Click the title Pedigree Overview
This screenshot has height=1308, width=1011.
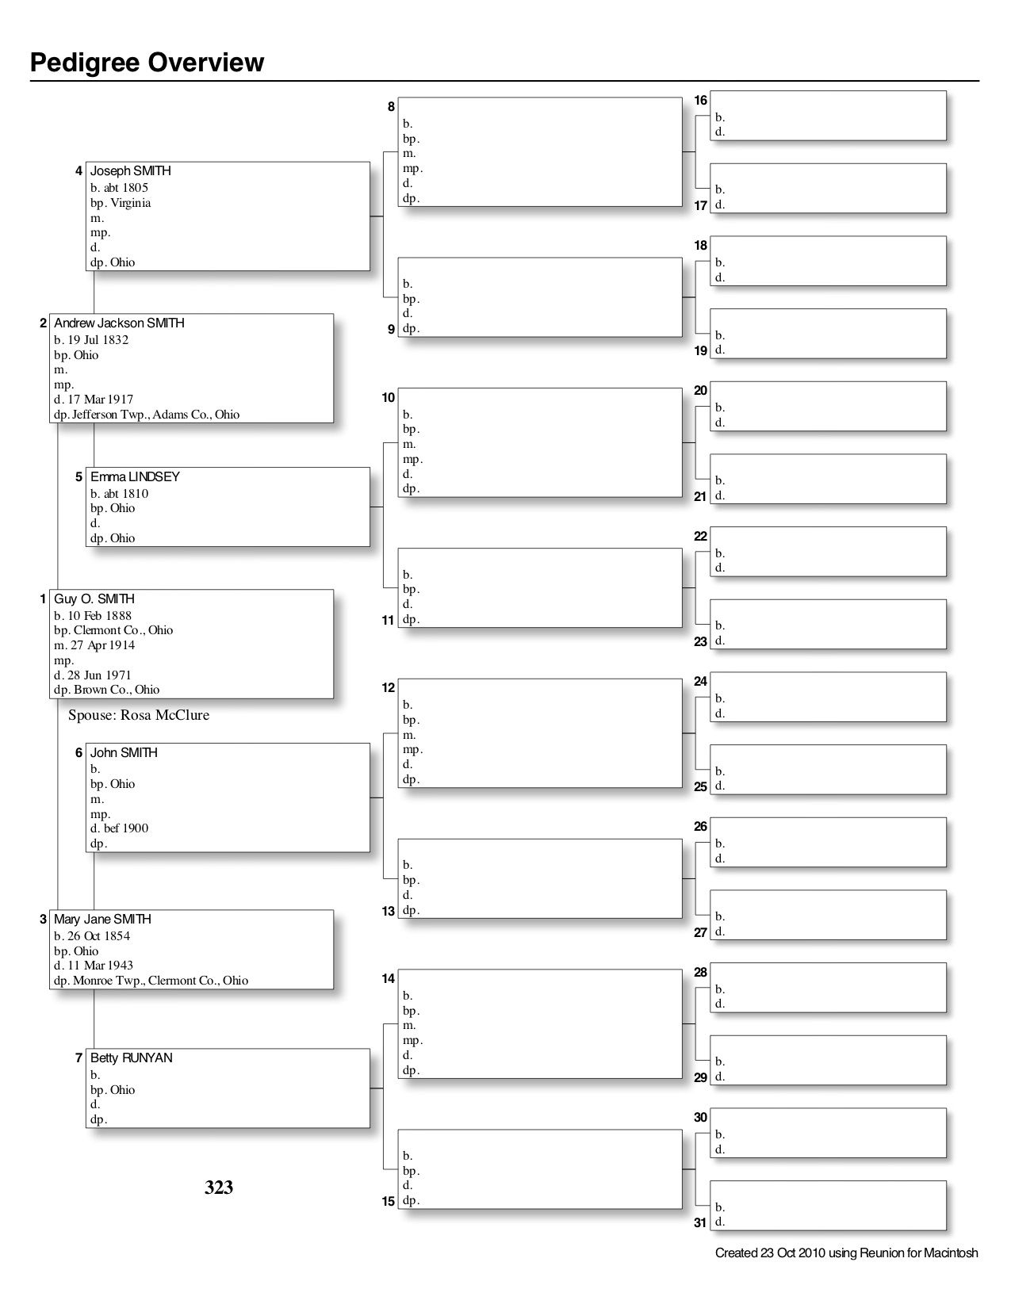tap(147, 63)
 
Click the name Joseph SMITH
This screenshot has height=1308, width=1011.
tap(131, 171)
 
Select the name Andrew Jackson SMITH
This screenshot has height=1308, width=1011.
tap(119, 323)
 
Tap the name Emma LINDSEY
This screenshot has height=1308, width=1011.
tap(135, 477)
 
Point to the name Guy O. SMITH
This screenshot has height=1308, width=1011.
tap(94, 599)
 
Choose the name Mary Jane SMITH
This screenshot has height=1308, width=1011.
tap(102, 920)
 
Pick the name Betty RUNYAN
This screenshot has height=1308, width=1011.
tap(131, 1058)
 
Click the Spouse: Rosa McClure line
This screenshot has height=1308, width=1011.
tap(139, 715)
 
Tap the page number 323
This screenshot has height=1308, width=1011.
tap(219, 1187)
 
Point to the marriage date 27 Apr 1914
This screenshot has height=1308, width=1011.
tap(101, 645)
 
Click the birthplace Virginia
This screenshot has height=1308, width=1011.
tap(131, 203)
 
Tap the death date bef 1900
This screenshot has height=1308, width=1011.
tap(126, 828)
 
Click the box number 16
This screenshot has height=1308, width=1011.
tap(700, 101)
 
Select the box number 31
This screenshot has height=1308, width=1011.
tap(700, 1222)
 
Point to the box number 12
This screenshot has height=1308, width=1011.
tap(388, 688)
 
